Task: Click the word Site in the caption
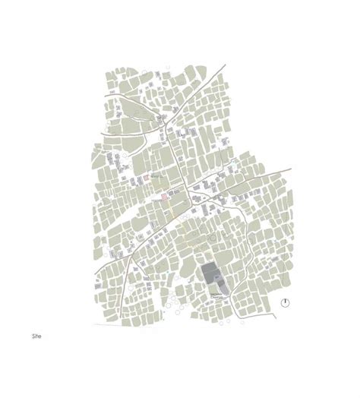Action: coord(37,334)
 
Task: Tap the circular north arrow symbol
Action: coord(285,302)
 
